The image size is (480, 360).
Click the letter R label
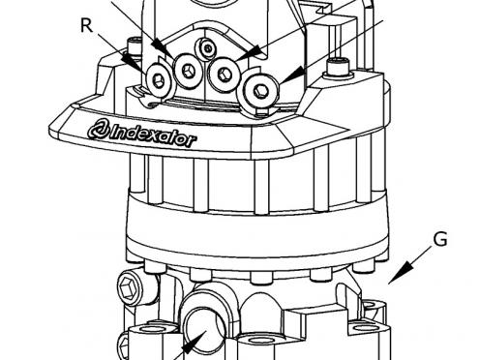coord(86,26)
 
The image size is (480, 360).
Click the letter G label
coord(440,239)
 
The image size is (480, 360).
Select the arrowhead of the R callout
coord(133,63)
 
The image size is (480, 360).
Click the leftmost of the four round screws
coord(158,78)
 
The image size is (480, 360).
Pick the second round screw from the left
coord(188,70)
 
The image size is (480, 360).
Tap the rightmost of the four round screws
coord(260,90)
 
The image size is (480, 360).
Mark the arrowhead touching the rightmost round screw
coord(292,76)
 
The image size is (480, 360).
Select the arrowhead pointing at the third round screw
coord(249,53)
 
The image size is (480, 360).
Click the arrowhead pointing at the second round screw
coord(162,47)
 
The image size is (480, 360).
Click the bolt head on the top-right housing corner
coord(338,67)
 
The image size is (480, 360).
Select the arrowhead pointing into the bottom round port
coord(195,343)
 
